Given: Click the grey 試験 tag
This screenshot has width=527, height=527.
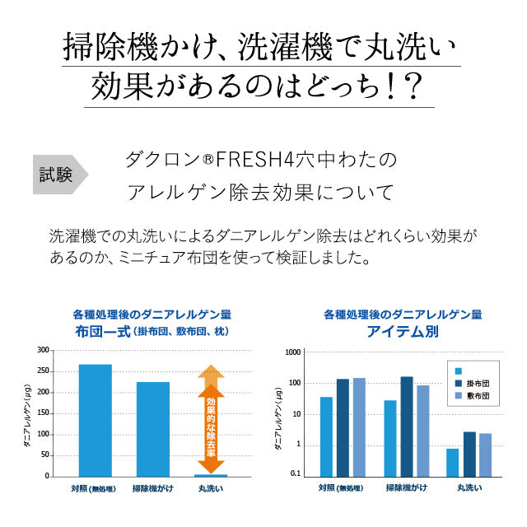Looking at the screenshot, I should tap(58, 174).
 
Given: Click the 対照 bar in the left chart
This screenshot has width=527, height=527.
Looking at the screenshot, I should tap(95, 420).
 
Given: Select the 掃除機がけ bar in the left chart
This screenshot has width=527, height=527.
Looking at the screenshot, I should tap(152, 428).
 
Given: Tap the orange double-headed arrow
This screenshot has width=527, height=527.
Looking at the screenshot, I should tap(211, 418).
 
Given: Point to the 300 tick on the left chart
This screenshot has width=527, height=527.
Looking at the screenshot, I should tap(43, 350).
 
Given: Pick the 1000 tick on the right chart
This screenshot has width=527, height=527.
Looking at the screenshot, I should tap(292, 352).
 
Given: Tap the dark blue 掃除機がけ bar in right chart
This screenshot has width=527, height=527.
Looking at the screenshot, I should tap(407, 426).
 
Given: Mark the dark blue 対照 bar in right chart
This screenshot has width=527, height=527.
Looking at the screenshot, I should tap(343, 427).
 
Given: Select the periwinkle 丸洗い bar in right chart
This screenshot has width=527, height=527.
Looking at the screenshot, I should tap(485, 455).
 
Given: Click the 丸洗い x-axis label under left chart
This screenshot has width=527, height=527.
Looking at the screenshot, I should tap(210, 488).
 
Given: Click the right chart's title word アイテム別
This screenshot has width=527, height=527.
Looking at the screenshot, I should tap(403, 332).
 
